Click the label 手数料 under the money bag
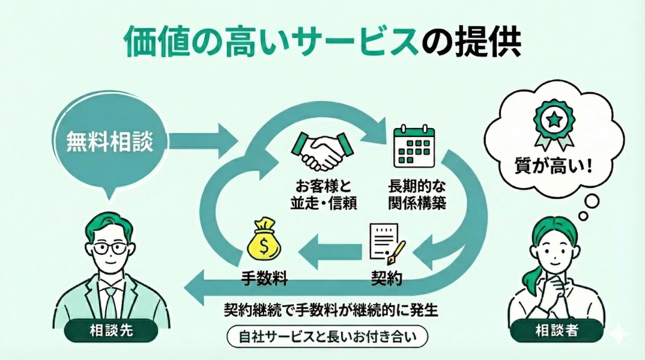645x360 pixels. pyautogui.click(x=264, y=278)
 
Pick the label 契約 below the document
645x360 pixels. pyautogui.click(x=386, y=278)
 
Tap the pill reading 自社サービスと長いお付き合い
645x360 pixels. pyautogui.click(x=327, y=337)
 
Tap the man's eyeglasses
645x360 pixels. pyautogui.click(x=111, y=247)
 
